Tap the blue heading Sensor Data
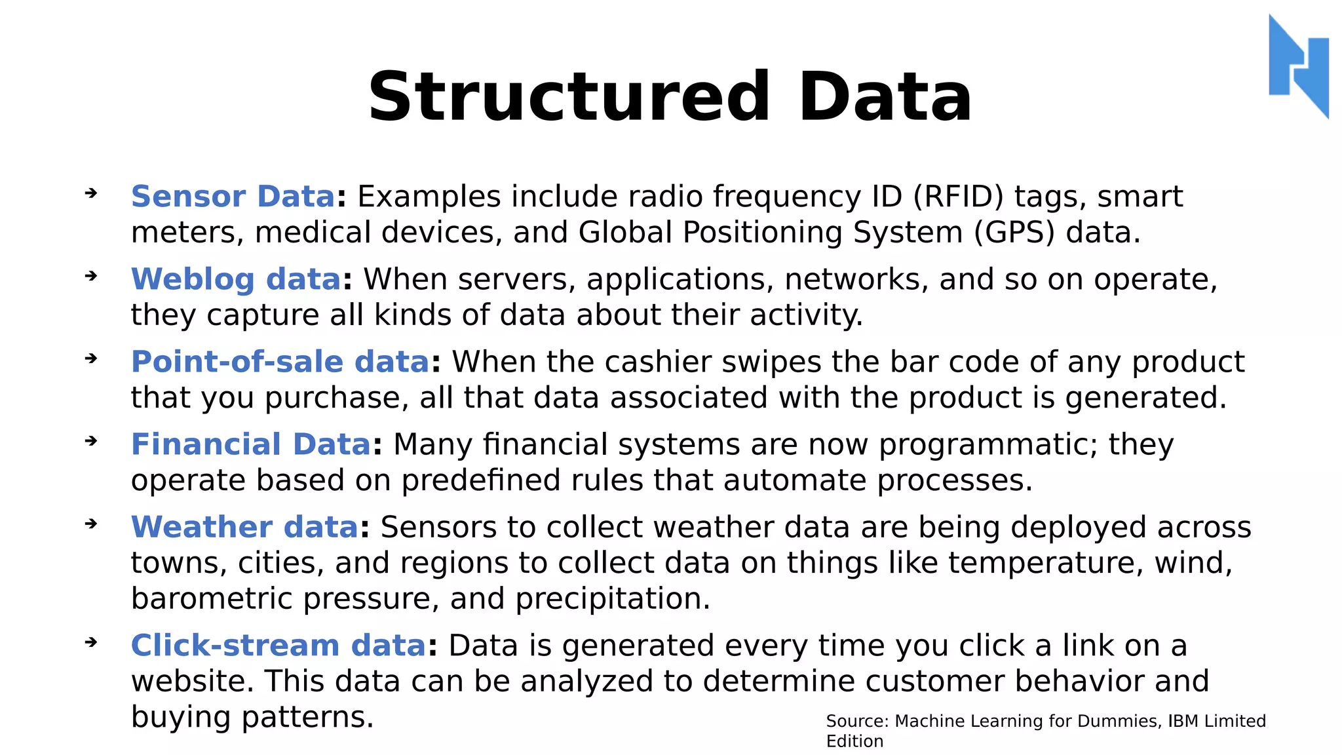pos(233,197)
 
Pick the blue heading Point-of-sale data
pos(280,362)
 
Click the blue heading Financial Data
pos(251,444)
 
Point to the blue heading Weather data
pos(244,527)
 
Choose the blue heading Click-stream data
pos(278,646)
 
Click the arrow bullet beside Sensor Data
pos(91,193)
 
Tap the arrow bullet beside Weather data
pos(91,524)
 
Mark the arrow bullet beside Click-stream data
pos(91,642)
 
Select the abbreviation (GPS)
pos(1014,233)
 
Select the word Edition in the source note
pos(854,741)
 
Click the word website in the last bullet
pos(192,681)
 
